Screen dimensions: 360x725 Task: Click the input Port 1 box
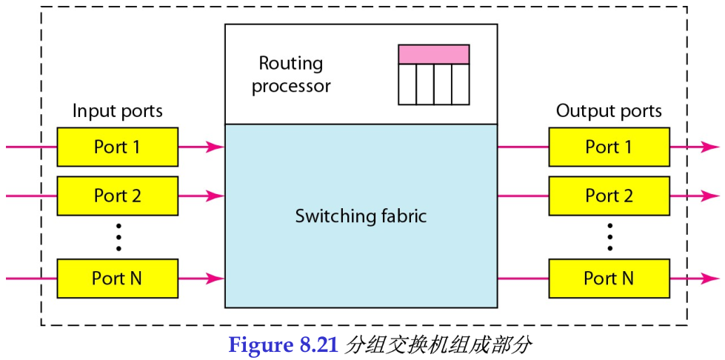(117, 147)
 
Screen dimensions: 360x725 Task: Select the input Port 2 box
(117, 196)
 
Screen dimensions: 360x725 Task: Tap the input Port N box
(117, 279)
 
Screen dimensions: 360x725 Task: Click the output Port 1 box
(609, 147)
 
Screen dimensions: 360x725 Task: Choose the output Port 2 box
(609, 196)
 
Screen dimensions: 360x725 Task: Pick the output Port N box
(609, 279)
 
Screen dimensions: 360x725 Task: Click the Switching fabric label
(361, 216)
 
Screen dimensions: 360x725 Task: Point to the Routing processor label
(291, 75)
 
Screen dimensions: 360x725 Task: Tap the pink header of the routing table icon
(433, 54)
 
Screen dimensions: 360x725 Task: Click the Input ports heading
(117, 111)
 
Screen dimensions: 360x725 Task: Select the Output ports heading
(609, 111)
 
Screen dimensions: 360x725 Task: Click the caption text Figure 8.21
(283, 345)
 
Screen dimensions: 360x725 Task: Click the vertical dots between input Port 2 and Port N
(118, 237)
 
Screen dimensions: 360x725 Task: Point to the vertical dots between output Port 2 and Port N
(609, 237)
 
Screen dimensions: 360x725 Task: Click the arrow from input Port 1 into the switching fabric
(201, 147)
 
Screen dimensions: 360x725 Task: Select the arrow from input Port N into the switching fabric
(201, 279)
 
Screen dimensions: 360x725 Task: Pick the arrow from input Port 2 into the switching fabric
(201, 196)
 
